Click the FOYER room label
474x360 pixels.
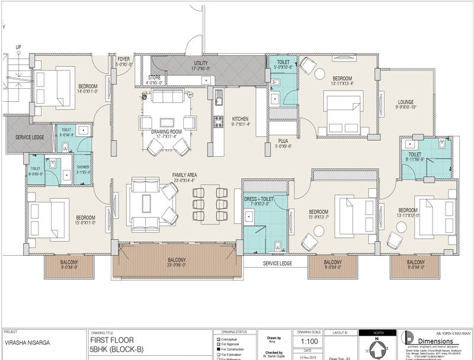(123, 59)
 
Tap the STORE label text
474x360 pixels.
(154, 76)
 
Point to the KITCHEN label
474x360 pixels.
(240, 118)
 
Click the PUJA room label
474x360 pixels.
(283, 140)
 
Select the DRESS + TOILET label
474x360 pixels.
(258, 200)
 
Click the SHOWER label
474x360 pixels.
(82, 167)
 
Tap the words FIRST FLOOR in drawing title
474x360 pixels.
(111, 340)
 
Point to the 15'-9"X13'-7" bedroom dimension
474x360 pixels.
(318, 217)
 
